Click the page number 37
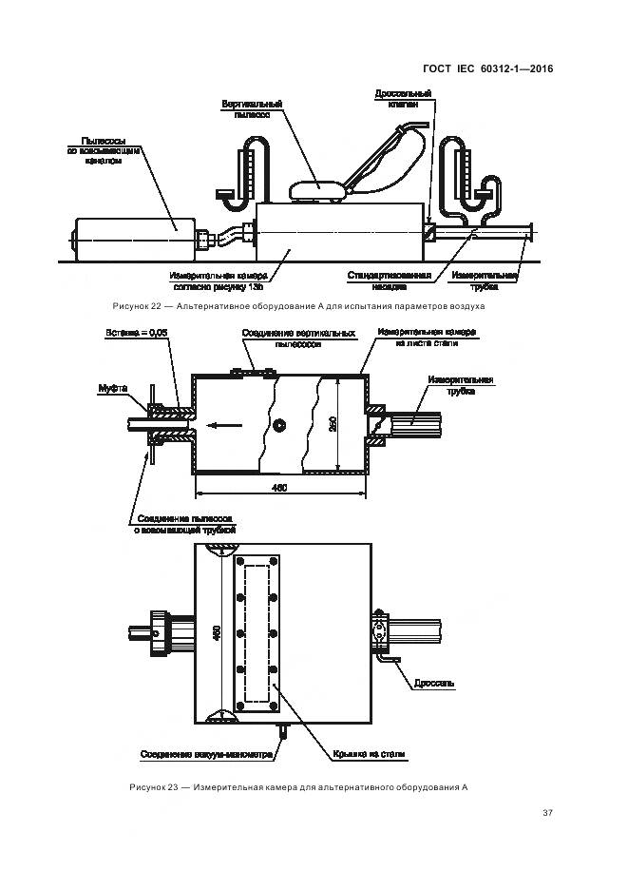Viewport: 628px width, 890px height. pos(547,812)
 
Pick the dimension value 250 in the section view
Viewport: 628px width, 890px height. pos(333,423)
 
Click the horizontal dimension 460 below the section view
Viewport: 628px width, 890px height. pos(280,487)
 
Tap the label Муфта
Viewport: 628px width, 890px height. pos(113,388)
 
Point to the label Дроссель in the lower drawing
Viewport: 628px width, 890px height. pos(434,682)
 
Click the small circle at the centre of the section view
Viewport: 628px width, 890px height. pos(278,426)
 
